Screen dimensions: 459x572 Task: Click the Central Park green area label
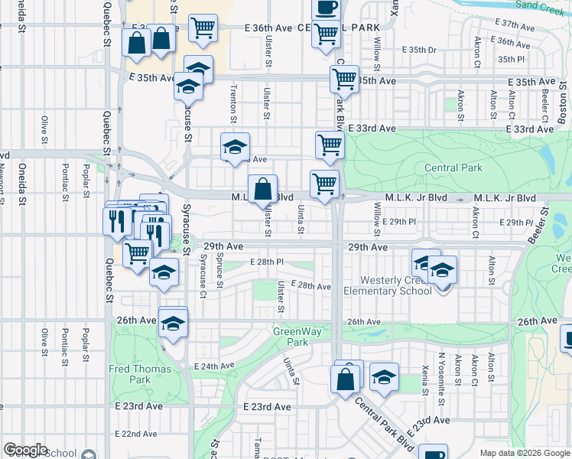[453, 168]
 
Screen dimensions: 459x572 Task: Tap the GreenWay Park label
[291, 337]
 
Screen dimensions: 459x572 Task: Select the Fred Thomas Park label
[129, 374]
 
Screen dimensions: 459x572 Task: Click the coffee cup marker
[326, 8]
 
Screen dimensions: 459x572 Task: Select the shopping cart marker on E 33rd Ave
[330, 145]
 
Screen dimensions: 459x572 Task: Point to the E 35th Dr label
[421, 50]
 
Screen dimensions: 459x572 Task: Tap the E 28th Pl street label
[267, 262]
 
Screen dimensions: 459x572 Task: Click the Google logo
[26, 450]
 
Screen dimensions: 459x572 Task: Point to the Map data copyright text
[524, 453]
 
